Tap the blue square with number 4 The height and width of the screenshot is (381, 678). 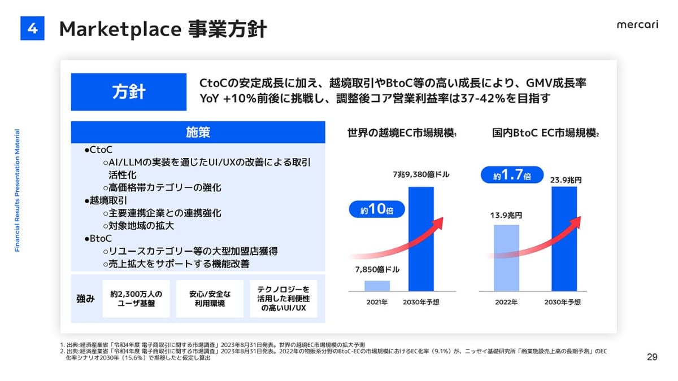32,28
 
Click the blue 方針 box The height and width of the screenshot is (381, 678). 128,92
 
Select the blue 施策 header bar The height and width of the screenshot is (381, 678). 198,132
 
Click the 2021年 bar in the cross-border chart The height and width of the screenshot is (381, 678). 377,286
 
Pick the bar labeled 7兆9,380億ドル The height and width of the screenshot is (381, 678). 421,239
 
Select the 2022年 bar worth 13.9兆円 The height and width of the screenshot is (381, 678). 506,258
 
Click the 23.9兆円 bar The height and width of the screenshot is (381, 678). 564,239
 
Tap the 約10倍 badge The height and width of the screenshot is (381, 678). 376,211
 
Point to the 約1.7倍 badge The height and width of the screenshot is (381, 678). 512,176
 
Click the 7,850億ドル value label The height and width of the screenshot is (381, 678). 377,270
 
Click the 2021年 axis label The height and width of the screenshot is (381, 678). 377,302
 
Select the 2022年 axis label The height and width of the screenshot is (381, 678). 506,302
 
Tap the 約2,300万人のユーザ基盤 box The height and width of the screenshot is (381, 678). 136,299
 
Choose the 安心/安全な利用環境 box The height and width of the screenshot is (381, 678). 210,299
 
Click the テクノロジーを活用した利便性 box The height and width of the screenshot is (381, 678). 283,299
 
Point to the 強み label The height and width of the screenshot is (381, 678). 86,299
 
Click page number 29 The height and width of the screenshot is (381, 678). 651,357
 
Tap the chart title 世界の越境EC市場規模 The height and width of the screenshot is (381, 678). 402,134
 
